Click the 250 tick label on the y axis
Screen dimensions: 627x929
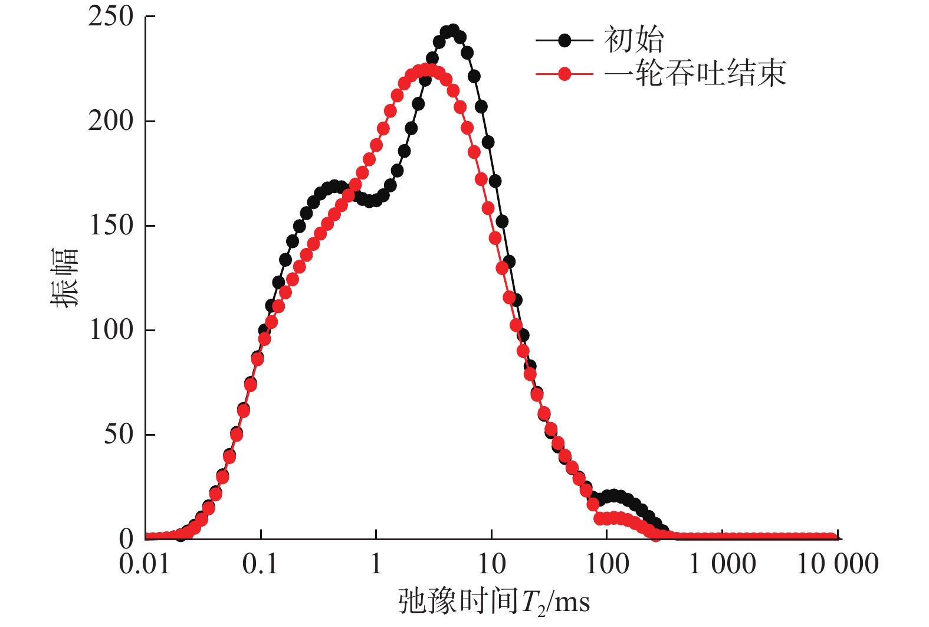coord(111,17)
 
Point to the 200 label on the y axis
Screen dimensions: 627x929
coord(111,121)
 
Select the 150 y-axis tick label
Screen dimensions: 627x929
coord(111,226)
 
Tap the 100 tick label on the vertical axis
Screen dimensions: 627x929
coord(111,330)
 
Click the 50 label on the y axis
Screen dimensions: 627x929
coord(119,435)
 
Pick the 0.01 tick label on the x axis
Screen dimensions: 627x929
coord(145,564)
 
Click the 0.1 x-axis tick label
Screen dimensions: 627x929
coord(260,564)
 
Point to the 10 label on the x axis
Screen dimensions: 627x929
coord(491,564)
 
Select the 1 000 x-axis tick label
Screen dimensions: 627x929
coord(723,564)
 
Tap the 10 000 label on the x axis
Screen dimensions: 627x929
coord(838,564)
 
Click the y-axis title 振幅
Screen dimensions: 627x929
coord(64,277)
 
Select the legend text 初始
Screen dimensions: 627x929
coord(633,40)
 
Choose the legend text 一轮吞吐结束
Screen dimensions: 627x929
coord(696,74)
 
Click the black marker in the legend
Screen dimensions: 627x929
coord(564,40)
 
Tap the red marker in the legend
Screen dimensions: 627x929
coord(564,74)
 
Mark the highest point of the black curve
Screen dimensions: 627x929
coord(453,31)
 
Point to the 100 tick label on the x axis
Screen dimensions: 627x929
coord(607,564)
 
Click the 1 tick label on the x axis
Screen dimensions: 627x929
coord(376,564)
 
